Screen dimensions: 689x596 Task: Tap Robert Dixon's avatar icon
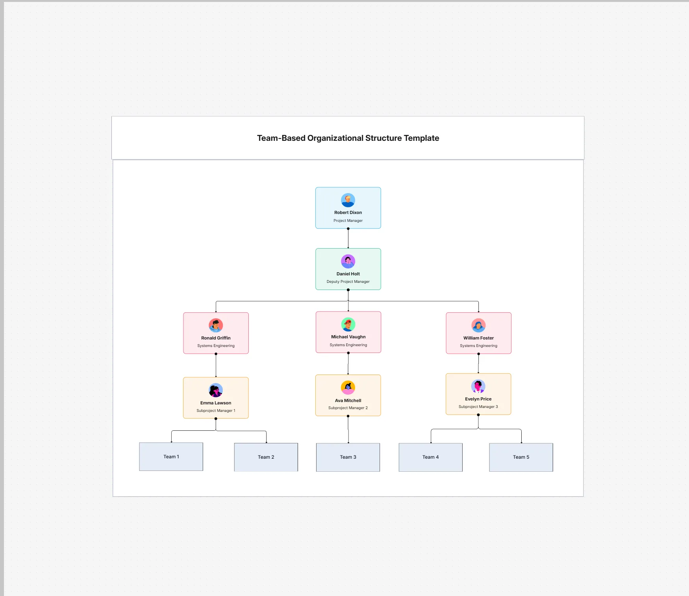pyautogui.click(x=348, y=200)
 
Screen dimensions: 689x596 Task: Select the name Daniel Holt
pyautogui.click(x=348, y=274)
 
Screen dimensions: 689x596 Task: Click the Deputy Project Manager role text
pyautogui.click(x=348, y=282)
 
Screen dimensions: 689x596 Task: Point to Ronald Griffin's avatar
pyautogui.click(x=216, y=325)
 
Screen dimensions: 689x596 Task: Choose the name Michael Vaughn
pyautogui.click(x=348, y=337)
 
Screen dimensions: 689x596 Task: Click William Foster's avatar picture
pyautogui.click(x=478, y=325)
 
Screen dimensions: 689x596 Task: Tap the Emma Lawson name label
pyautogui.click(x=216, y=403)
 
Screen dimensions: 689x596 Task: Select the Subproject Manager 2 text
pyautogui.click(x=348, y=408)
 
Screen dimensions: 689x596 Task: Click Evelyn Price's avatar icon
pyautogui.click(x=478, y=386)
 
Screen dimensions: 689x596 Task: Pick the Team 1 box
pyautogui.click(x=171, y=457)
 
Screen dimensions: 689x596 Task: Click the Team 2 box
pyautogui.click(x=266, y=457)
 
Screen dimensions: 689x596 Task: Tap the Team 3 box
pyautogui.click(x=348, y=457)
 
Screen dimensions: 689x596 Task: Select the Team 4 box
pyautogui.click(x=431, y=457)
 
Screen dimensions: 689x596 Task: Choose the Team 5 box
pyautogui.click(x=521, y=457)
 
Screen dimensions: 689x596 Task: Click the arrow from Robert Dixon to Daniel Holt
pyautogui.click(x=348, y=238)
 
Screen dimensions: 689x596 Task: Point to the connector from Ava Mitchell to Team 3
pyautogui.click(x=348, y=430)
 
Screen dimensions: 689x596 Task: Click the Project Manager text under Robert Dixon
pyautogui.click(x=348, y=221)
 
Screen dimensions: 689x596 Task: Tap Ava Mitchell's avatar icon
pyautogui.click(x=348, y=387)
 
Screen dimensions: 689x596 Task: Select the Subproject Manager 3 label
pyautogui.click(x=478, y=407)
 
